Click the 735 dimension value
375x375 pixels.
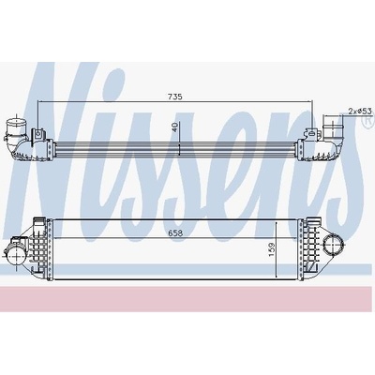click(x=175, y=97)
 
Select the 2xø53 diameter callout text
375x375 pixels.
click(x=360, y=111)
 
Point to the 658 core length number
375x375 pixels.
click(x=174, y=232)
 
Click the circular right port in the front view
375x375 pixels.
click(x=333, y=245)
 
